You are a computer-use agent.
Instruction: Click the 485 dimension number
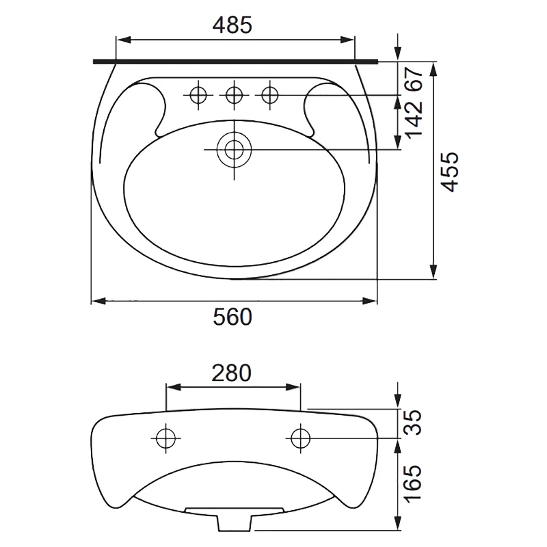(x=232, y=25)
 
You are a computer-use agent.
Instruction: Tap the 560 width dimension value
(x=232, y=317)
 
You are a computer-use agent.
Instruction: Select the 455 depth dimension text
(x=449, y=172)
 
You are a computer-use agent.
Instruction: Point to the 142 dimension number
(x=414, y=119)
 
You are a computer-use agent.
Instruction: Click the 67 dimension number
(x=414, y=79)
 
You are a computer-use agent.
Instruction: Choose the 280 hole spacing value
(x=231, y=373)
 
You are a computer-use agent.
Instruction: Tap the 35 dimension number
(x=413, y=423)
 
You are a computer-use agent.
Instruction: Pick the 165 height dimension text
(x=413, y=483)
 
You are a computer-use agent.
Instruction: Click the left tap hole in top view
(x=198, y=94)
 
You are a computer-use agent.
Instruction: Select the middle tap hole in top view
(x=234, y=94)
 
